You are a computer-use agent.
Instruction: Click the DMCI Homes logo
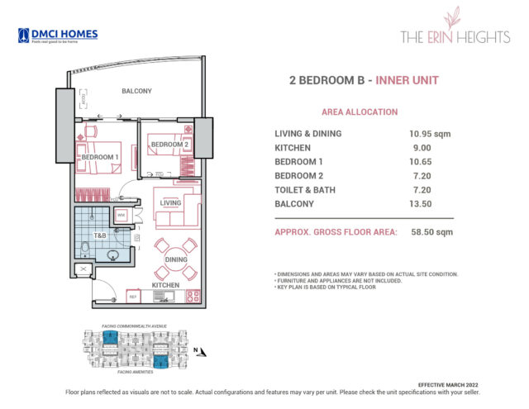pos(57,36)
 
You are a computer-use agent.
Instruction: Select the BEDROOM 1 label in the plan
pos(99,156)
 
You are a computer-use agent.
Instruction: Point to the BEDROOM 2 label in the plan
pos(171,145)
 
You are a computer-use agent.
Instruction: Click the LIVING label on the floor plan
pos(170,202)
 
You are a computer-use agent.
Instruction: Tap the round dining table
pos(176,258)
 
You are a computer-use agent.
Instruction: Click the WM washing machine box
pos(121,215)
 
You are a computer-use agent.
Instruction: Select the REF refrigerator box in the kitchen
pos(131,295)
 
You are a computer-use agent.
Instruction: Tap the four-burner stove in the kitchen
pos(193,294)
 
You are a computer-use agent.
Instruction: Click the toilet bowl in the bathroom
pos(85,248)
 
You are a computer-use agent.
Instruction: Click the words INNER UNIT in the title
pos(407,80)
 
